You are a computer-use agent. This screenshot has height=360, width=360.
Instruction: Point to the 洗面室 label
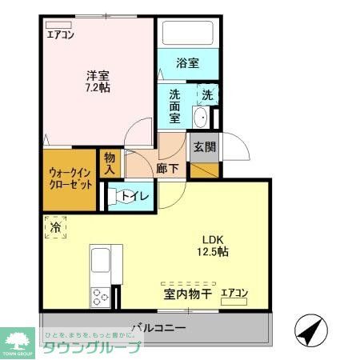click(175, 105)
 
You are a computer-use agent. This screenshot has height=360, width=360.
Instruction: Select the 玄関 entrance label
click(200, 146)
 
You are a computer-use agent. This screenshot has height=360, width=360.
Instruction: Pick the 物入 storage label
click(110, 162)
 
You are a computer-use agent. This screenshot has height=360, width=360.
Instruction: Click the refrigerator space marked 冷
click(55, 226)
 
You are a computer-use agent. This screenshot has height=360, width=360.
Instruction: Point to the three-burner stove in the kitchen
click(102, 297)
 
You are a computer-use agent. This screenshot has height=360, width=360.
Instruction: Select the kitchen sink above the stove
click(102, 262)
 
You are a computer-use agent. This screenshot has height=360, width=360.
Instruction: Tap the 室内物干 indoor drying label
click(188, 295)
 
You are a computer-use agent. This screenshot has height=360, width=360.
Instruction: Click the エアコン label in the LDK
click(234, 294)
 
